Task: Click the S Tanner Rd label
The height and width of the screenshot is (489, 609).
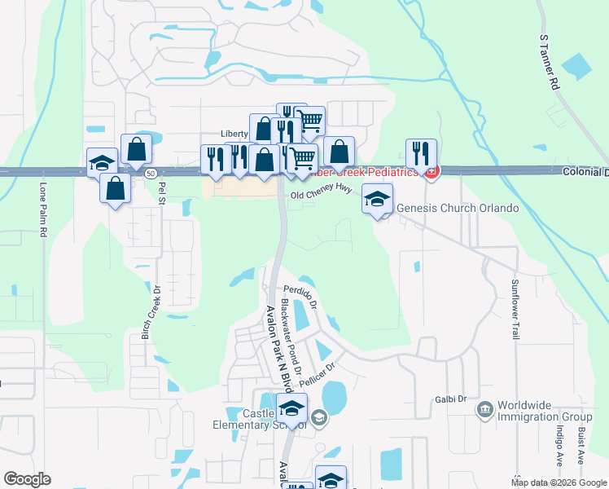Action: point(550,62)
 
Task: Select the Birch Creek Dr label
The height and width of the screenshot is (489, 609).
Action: point(148,313)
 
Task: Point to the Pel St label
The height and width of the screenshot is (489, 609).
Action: point(162,193)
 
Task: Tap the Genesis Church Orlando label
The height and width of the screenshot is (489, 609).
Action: point(458,208)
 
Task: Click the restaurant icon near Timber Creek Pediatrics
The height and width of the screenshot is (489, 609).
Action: point(421,152)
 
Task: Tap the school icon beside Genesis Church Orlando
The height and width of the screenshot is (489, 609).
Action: point(377,198)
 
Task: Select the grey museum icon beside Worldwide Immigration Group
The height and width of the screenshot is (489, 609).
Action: point(485,408)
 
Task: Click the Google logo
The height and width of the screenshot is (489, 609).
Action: point(27,479)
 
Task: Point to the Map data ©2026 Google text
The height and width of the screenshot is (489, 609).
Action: point(558,482)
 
